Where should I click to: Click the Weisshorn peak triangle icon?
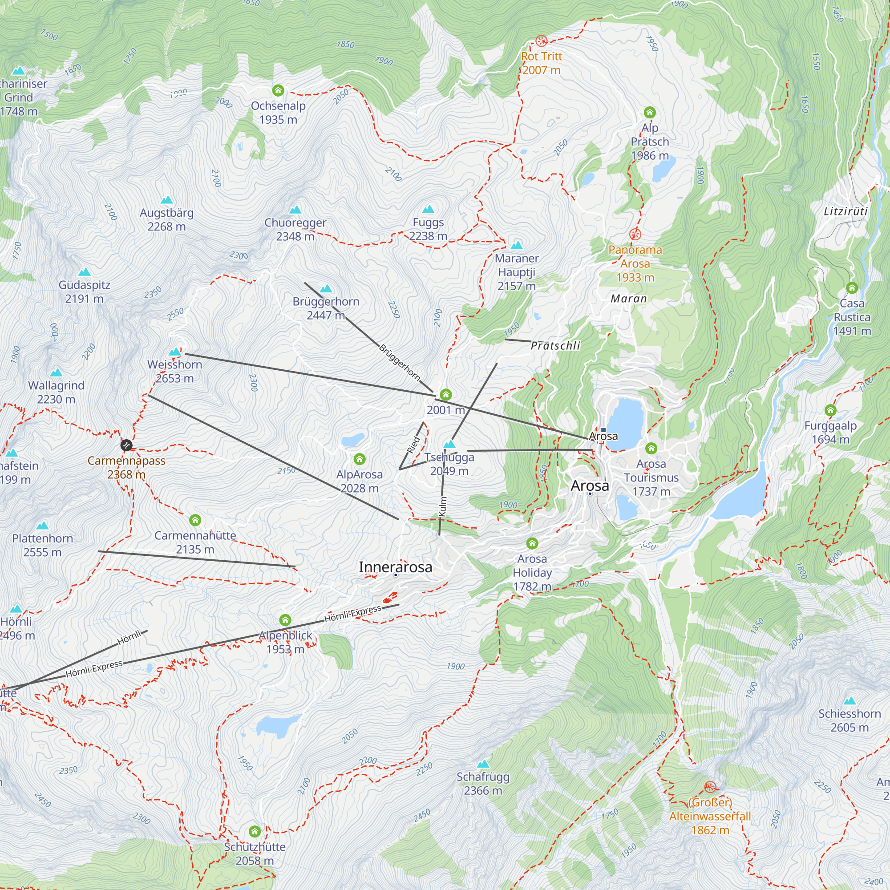174,352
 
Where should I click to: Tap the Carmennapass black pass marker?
126,445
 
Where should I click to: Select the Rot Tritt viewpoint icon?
541,41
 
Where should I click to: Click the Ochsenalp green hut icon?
278,90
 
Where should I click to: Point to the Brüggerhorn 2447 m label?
326,308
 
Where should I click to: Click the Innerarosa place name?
395,567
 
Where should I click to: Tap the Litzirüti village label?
846,211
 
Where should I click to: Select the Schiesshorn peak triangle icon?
850,701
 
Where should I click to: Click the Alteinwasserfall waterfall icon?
710,787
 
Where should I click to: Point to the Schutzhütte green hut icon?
254,832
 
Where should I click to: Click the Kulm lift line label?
443,506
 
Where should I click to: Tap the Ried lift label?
413,445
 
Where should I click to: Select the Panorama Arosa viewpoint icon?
635,235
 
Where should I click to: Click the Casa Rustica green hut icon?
852,288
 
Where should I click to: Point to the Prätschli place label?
555,345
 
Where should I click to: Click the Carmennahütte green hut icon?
195,521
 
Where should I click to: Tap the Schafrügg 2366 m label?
483,784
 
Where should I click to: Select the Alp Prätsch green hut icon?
650,113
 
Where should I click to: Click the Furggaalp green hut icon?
830,410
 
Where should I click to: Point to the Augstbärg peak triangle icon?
166,200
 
